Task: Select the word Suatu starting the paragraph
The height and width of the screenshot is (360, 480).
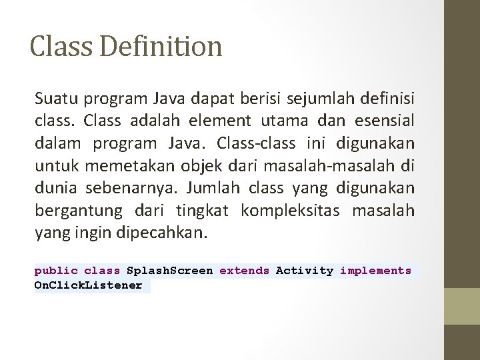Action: pos(55,100)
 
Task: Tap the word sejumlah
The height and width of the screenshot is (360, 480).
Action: pos(321,100)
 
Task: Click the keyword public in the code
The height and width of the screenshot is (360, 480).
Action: pos(56,271)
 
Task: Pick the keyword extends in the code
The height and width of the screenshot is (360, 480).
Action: pos(244,271)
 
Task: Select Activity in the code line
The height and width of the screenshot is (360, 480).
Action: pos(305,271)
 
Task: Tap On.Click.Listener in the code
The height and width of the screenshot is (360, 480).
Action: pos(88,285)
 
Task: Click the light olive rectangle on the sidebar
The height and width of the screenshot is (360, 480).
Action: pos(462,306)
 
